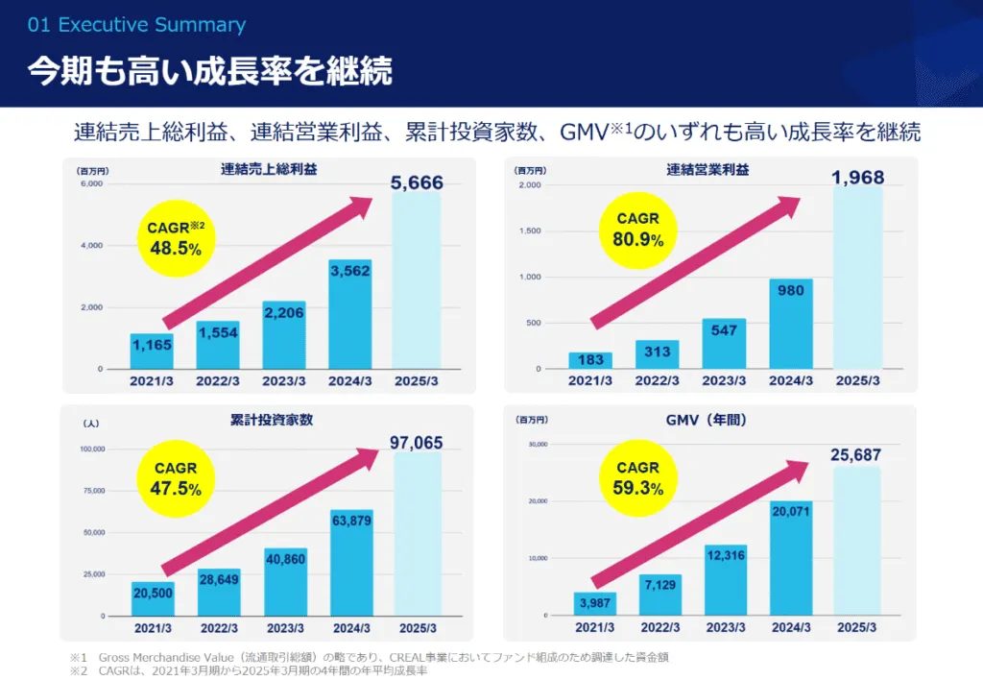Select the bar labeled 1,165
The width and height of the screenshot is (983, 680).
coord(152,352)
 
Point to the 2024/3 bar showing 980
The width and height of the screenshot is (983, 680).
coord(790,324)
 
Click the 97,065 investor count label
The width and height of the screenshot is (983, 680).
coord(417,442)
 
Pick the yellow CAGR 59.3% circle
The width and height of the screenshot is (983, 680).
coord(638,478)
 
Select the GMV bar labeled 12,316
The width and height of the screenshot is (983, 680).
coord(725,579)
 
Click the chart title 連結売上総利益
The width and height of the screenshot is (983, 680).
coord(269,170)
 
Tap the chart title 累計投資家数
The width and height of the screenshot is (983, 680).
coord(269,419)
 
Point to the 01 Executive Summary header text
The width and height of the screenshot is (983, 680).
coord(137,25)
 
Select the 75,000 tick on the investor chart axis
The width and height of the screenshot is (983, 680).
coord(92,490)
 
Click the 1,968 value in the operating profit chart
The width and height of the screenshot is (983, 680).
coord(857,178)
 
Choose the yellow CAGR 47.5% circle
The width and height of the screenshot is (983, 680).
coord(176,478)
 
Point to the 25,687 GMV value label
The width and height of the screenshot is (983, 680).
coord(855,454)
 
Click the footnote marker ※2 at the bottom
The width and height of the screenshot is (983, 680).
coord(78,669)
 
